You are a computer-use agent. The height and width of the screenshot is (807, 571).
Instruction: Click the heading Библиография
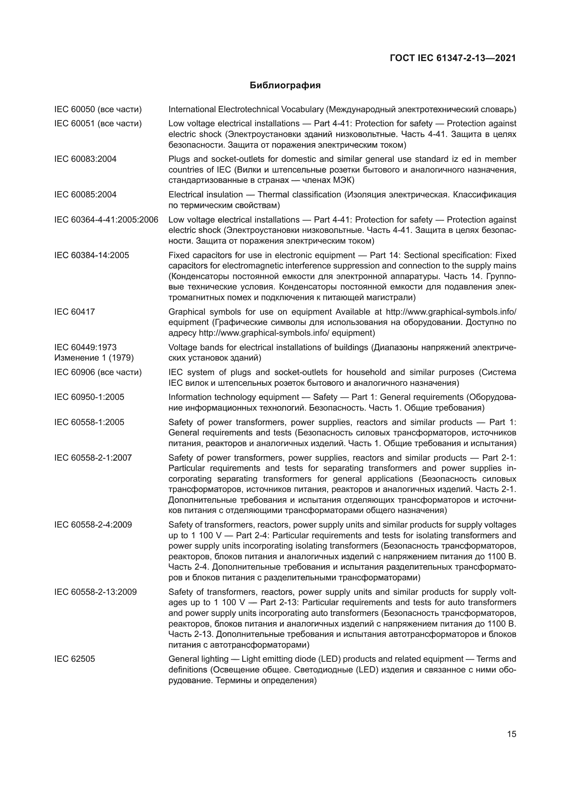[285, 86]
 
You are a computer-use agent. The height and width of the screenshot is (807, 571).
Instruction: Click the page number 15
[512, 734]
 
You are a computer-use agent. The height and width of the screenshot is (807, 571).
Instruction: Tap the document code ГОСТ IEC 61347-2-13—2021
[453, 58]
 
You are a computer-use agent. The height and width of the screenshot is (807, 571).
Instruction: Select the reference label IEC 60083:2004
[85, 159]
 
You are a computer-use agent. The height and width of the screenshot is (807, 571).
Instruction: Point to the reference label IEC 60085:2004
[85, 195]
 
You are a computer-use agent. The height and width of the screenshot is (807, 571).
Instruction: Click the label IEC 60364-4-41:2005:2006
[106, 220]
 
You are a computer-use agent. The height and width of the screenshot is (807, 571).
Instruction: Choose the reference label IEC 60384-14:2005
[92, 256]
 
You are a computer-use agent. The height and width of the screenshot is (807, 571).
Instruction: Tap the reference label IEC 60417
[75, 312]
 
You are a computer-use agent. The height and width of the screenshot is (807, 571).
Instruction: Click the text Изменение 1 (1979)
[94, 358]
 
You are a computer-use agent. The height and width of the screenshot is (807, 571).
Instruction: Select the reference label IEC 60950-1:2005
[89, 397]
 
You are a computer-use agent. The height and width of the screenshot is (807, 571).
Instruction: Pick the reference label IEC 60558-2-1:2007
[93, 457]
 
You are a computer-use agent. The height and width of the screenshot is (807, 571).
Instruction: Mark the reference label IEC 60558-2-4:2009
[93, 525]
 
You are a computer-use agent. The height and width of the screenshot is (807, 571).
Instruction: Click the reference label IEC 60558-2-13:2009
[95, 592]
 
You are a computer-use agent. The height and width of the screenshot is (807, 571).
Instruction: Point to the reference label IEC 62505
[75, 659]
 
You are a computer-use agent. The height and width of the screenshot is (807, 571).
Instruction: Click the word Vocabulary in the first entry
[302, 110]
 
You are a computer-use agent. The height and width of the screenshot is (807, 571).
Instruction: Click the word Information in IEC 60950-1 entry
[190, 397]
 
